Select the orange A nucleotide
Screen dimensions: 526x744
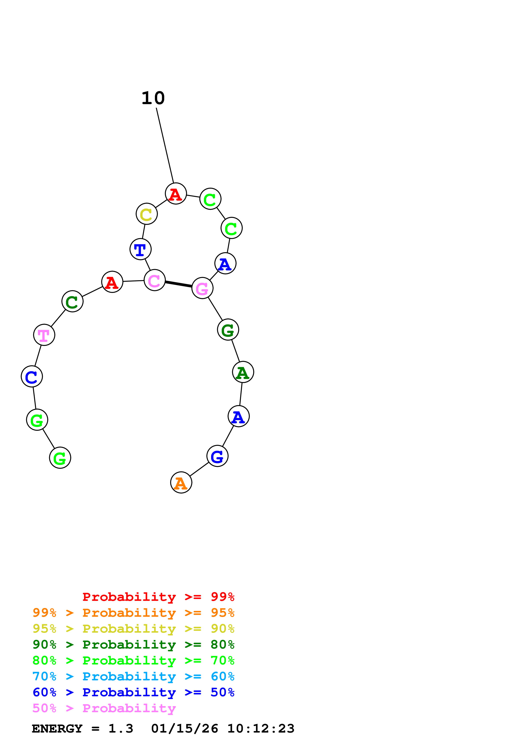(181, 482)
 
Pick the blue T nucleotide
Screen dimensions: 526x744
(140, 249)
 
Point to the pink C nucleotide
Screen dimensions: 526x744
(155, 280)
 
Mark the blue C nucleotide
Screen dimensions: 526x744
(32, 376)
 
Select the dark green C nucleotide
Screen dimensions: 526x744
(72, 301)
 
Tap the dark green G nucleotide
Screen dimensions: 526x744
(228, 330)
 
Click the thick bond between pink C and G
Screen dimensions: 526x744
(178, 284)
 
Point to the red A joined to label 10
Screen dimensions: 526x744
(176, 194)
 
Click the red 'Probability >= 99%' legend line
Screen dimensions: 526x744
(158, 597)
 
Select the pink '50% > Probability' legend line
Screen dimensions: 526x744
(104, 708)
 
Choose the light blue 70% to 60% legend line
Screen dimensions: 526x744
(133, 677)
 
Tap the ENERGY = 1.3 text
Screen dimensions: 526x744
(82, 729)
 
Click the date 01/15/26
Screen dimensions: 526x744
(184, 729)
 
